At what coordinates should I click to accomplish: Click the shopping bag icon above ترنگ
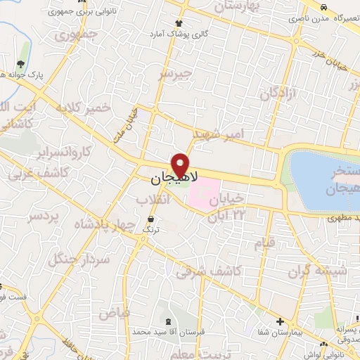[149, 220]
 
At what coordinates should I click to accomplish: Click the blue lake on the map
[320, 179]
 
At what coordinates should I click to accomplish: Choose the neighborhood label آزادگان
[279, 94]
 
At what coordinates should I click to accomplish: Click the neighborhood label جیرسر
[175, 74]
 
